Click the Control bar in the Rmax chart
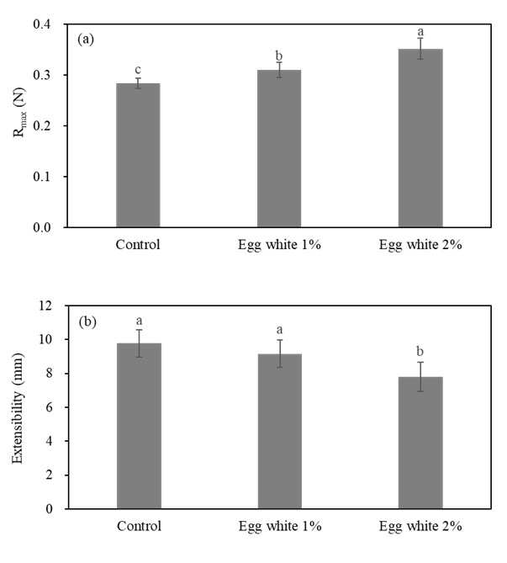138,155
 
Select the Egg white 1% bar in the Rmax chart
279,148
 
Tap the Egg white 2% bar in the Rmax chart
420,138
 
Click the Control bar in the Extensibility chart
139,426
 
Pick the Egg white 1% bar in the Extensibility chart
280,431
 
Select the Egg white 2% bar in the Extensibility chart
420,443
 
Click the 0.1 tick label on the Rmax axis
43,177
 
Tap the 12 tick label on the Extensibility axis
45,306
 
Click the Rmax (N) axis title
19,112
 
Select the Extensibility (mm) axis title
18,408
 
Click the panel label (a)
86,39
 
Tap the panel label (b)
87,321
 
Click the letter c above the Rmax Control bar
138,70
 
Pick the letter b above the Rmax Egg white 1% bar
279,56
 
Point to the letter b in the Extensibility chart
420,351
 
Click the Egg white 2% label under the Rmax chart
420,245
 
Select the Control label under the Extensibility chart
139,526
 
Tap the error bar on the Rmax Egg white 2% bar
420,49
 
